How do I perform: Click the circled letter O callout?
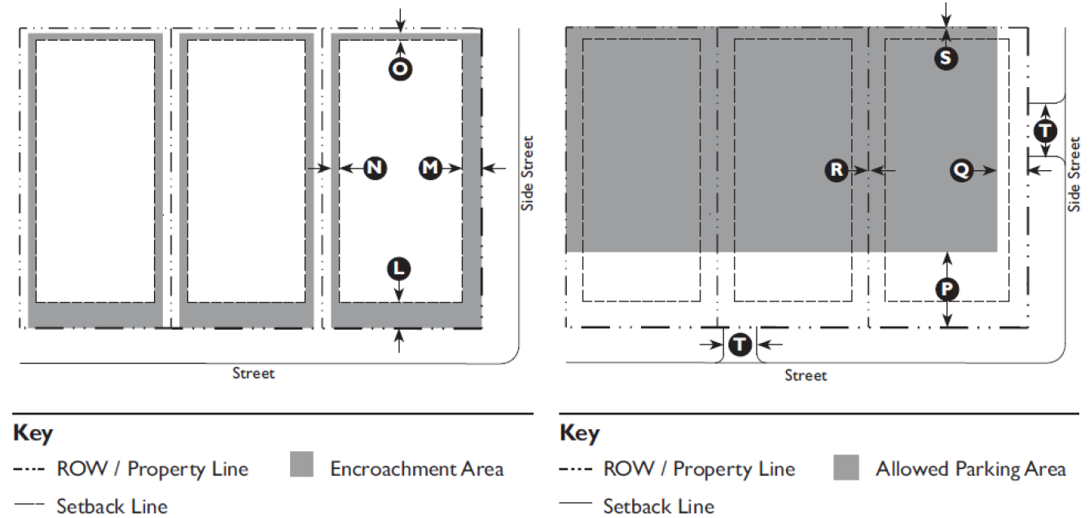point(400,69)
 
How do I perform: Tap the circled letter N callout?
point(375,168)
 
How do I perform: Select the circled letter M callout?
point(430,168)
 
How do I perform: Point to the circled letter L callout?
point(398,269)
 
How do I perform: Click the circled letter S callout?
point(946,59)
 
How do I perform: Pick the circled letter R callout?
point(837,170)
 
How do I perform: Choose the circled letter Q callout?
point(961,170)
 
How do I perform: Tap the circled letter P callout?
point(946,290)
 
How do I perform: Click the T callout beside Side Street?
point(1045,130)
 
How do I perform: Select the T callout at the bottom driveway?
point(740,345)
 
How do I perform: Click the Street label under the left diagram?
point(253,373)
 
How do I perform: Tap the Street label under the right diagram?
point(806,375)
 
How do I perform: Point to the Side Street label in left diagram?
point(528,173)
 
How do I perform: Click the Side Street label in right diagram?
point(1074,174)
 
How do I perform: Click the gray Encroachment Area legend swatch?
point(301,464)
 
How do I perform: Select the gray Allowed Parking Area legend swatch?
point(846,467)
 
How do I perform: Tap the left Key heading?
point(33,433)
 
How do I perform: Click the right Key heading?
point(579,433)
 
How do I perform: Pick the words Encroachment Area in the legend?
point(417,469)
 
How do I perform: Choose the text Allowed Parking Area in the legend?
point(970,469)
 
